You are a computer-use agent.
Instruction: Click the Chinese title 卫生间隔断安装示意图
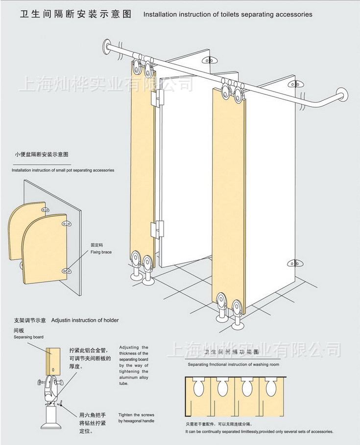tap(76, 14)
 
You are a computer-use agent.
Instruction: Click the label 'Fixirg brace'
tap(101, 252)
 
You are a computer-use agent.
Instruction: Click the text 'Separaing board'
tap(28, 337)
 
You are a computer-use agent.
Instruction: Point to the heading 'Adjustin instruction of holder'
tap(85, 321)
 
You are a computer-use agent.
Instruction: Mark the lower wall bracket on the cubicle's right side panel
tap(294, 265)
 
